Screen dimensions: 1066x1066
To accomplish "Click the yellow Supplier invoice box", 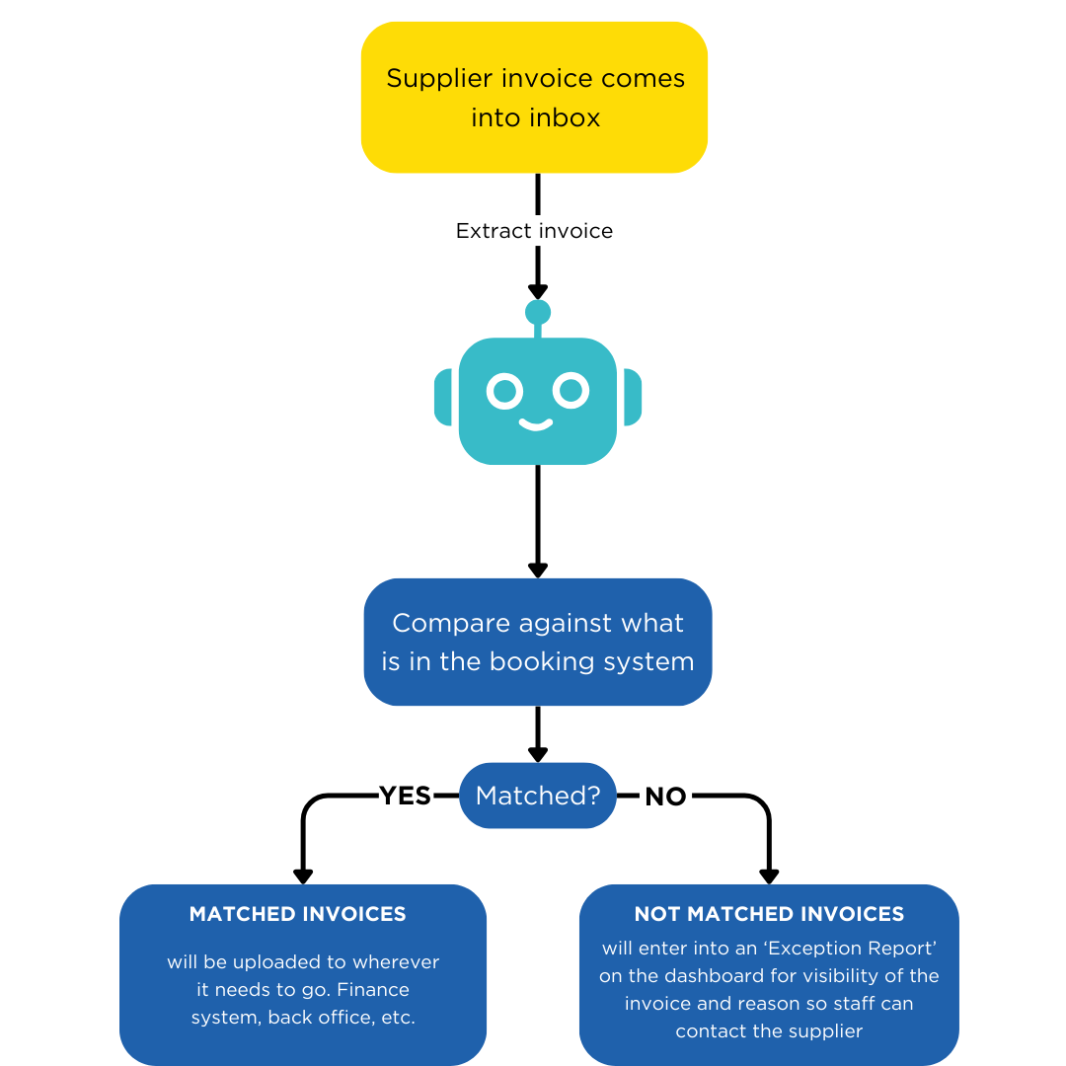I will point(534,97).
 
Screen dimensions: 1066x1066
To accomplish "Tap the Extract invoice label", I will point(534,231).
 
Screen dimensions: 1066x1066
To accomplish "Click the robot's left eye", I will point(503,391).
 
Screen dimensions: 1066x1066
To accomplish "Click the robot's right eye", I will point(571,391).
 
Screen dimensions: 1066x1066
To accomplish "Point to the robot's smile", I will point(536,425).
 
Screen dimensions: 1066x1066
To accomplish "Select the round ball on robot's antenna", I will point(538,313).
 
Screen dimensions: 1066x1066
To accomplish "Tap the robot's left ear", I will point(443,398).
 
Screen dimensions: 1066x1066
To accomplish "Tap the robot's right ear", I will point(632,398).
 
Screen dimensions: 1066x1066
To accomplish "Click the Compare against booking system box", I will point(537,642).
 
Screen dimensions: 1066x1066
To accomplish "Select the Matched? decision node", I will point(537,796).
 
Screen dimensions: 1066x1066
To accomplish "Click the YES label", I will point(406,797).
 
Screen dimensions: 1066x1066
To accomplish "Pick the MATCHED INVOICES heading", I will point(297,914).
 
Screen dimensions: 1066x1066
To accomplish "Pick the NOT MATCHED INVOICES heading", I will point(769,914).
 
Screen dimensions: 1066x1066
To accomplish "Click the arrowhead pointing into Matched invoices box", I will point(303,876).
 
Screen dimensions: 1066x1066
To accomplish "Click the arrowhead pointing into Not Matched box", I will point(769,876).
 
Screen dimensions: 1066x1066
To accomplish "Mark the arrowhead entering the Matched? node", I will point(537,754).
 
